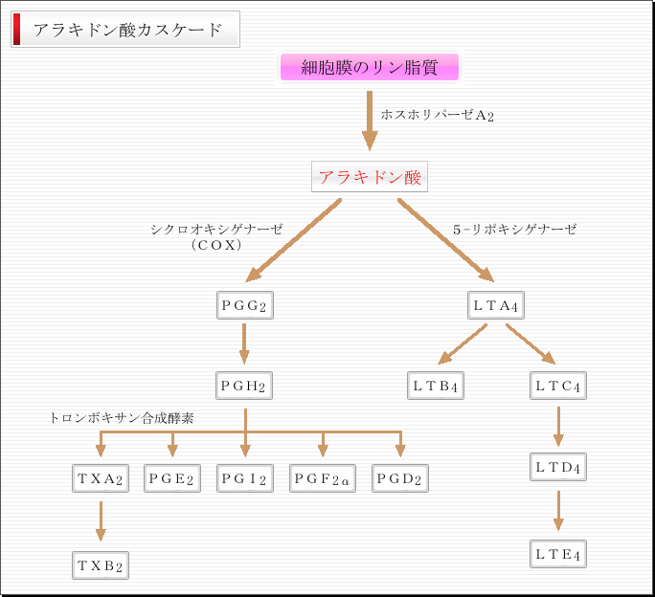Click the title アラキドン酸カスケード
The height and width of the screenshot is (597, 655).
pyautogui.click(x=126, y=30)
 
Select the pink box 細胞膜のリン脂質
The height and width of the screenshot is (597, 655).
pyautogui.click(x=370, y=68)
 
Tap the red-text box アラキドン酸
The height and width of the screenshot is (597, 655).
pyautogui.click(x=370, y=178)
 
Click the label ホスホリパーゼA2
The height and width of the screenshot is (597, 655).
pyautogui.click(x=437, y=115)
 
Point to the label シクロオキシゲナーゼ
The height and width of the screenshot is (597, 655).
pyautogui.click(x=216, y=230)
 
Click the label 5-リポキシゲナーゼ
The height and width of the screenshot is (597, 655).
pyautogui.click(x=515, y=230)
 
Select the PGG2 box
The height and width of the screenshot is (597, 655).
pyautogui.click(x=243, y=306)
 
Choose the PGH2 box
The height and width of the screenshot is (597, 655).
pyautogui.click(x=243, y=386)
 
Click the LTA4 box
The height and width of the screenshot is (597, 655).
pyautogui.click(x=496, y=306)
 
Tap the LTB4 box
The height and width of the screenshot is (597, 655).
pyautogui.click(x=436, y=387)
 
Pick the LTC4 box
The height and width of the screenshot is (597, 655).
pyautogui.click(x=557, y=387)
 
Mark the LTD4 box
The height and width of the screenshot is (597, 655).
pyautogui.click(x=557, y=468)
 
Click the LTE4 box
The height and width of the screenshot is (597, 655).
pyautogui.click(x=557, y=553)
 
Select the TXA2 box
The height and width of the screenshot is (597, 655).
pyautogui.click(x=100, y=478)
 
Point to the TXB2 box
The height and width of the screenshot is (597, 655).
pyautogui.click(x=100, y=565)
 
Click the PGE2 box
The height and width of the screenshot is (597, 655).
pyautogui.click(x=172, y=478)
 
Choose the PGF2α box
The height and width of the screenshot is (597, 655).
pyautogui.click(x=323, y=478)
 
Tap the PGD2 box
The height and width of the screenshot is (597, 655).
pyautogui.click(x=399, y=478)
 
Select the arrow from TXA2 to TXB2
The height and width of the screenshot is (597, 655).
pyautogui.click(x=100, y=521)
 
